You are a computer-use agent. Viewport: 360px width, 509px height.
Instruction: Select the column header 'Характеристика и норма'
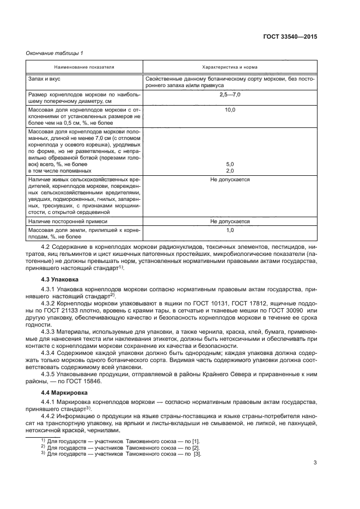(229, 67)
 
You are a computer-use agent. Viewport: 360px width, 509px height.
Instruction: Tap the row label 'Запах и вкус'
(44, 79)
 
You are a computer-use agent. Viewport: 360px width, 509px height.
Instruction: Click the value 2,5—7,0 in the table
(229, 95)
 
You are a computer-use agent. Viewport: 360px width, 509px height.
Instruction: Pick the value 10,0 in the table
(229, 111)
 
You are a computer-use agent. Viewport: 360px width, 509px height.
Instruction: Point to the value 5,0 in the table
(229, 164)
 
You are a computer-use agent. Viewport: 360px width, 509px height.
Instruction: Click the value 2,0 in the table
(229, 170)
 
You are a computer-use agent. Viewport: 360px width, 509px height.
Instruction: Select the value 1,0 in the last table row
(229, 231)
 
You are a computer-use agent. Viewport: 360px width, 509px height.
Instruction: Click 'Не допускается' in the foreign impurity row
(229, 222)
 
